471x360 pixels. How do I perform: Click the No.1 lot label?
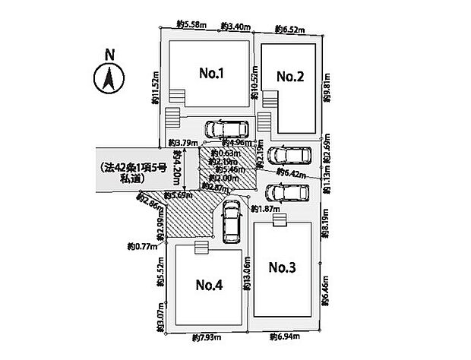click(x=210, y=74)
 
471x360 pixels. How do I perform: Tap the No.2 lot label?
click(x=290, y=76)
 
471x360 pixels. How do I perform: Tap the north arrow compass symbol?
click(x=108, y=78)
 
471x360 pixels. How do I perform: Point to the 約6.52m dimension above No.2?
click(x=289, y=30)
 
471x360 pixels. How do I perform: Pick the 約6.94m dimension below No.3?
click(x=284, y=336)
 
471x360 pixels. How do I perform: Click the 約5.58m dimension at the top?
click(x=191, y=26)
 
